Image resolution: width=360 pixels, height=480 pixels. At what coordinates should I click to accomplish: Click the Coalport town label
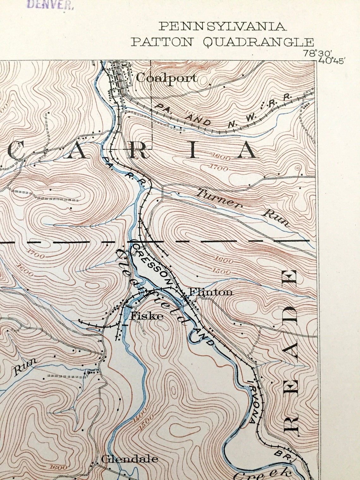(167, 78)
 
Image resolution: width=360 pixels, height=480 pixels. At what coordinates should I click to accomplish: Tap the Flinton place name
(210, 292)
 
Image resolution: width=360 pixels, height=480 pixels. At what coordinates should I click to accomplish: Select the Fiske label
(147, 316)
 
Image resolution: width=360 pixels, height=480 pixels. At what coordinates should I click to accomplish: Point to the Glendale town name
(129, 459)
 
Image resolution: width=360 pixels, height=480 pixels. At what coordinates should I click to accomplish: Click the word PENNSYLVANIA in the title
(222, 27)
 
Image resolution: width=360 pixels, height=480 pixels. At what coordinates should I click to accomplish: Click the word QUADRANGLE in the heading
(258, 42)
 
